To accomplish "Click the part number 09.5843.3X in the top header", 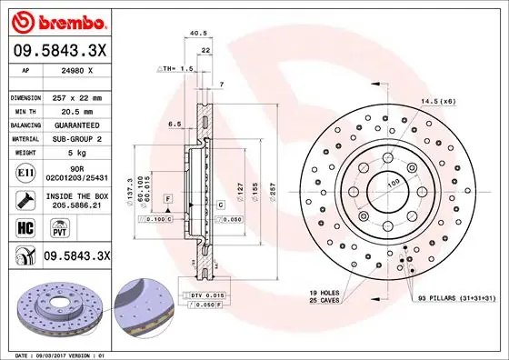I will point(59,52).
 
